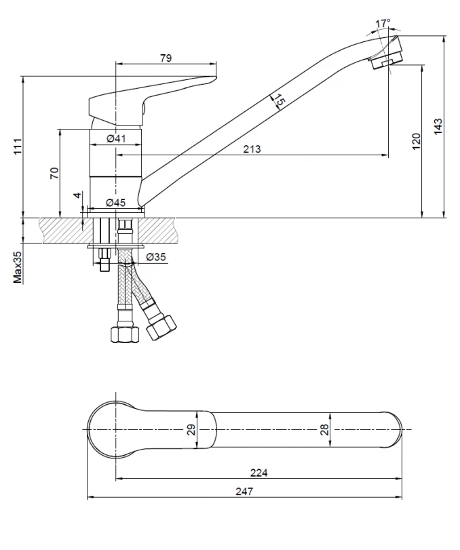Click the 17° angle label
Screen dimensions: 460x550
[x=383, y=24]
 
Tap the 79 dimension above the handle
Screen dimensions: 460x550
[x=166, y=58]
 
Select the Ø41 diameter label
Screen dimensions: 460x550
[x=116, y=138]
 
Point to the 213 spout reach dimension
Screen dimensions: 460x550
[x=252, y=149]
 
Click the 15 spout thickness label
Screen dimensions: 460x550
[x=279, y=100]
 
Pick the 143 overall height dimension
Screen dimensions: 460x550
[x=438, y=126]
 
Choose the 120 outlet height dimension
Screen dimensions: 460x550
[x=416, y=141]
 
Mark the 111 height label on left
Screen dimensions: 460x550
[x=18, y=146]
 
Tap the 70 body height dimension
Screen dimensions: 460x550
[x=54, y=174]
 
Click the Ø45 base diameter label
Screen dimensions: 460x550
[x=115, y=202]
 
